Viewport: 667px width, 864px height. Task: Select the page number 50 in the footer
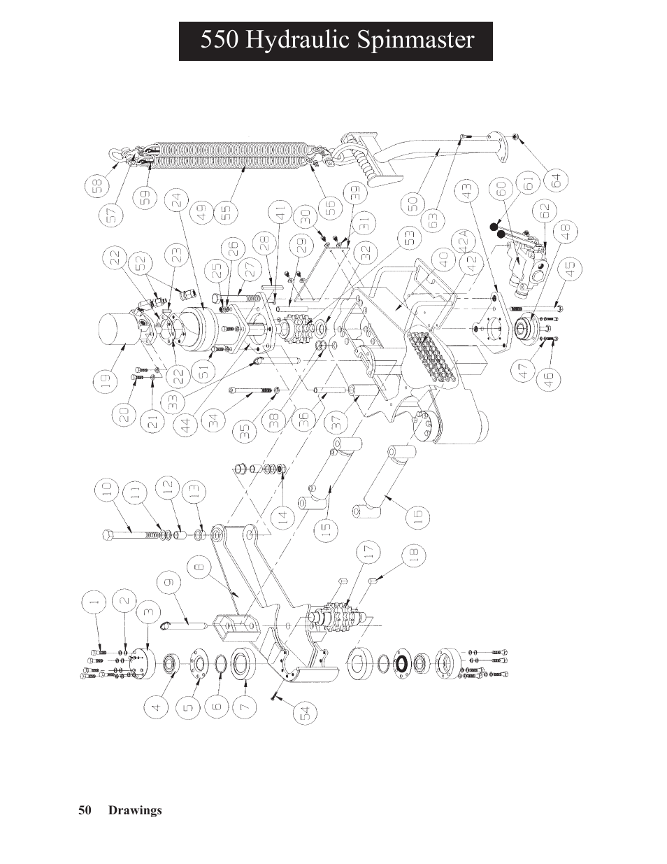[x=85, y=810]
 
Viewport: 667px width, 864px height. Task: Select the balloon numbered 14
[x=281, y=518]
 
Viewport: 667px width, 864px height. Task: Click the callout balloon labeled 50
[x=413, y=204]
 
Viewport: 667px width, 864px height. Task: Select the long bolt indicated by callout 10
[x=133, y=535]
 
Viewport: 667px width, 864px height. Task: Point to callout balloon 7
[x=245, y=707]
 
